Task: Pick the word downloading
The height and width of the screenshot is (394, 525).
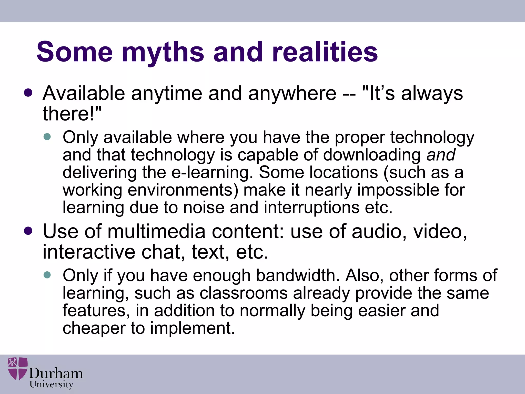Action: (372, 155)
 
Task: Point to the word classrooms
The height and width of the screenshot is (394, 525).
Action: (244, 293)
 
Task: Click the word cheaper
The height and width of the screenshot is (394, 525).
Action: (94, 329)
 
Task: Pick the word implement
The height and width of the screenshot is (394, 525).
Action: (193, 328)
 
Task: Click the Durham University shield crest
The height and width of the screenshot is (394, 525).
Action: (18, 368)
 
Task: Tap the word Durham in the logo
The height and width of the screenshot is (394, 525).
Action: (56, 373)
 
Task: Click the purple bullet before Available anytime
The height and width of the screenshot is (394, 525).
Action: (28, 93)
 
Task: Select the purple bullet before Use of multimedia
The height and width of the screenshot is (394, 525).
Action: (28, 231)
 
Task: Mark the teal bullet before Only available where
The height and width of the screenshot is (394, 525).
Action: (47, 137)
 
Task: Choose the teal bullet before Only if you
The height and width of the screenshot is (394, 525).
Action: (47, 275)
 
